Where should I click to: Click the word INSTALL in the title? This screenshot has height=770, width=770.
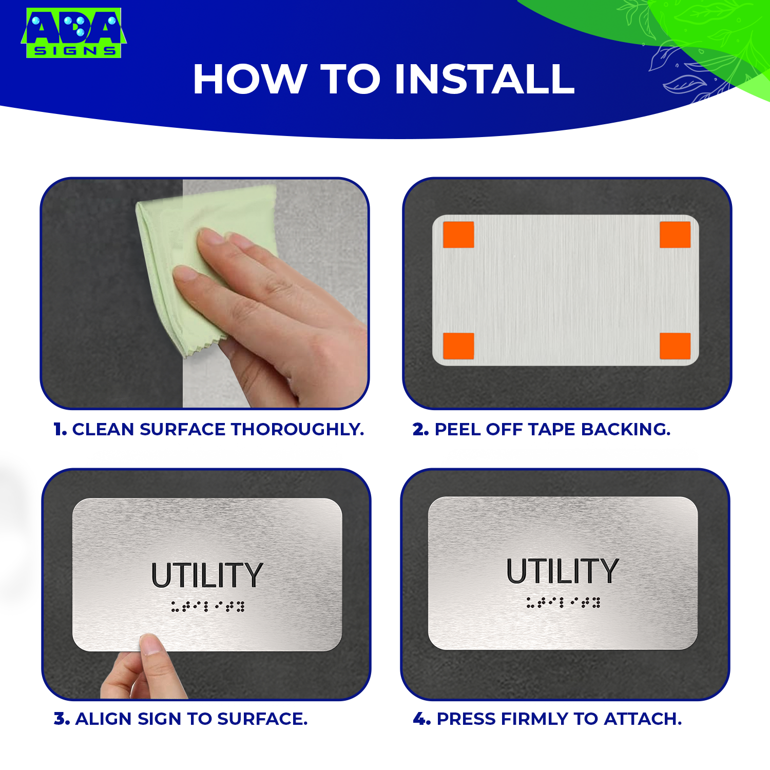click(x=485, y=79)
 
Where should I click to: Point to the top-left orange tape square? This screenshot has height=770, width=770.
click(x=458, y=235)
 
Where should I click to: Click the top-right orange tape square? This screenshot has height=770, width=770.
click(x=675, y=235)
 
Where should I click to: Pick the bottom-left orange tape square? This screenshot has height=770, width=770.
click(x=458, y=345)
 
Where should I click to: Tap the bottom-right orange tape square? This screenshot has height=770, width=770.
click(x=675, y=345)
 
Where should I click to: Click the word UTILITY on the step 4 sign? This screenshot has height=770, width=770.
click(x=563, y=571)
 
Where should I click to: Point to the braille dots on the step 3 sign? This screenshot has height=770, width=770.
click(x=208, y=606)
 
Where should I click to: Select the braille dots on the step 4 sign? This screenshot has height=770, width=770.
click(x=563, y=602)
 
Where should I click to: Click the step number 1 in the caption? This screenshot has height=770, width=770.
click(x=60, y=429)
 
